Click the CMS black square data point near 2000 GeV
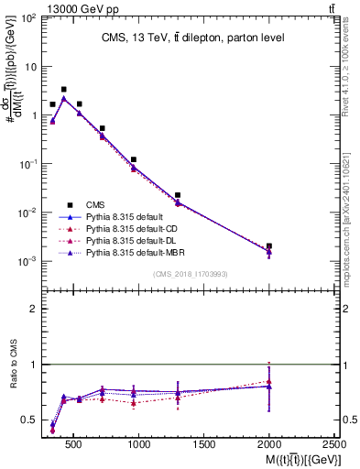pos(269,246)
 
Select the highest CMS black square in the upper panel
pos(63,90)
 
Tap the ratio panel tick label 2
pos(33,309)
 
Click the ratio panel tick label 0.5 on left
pos(28,420)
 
